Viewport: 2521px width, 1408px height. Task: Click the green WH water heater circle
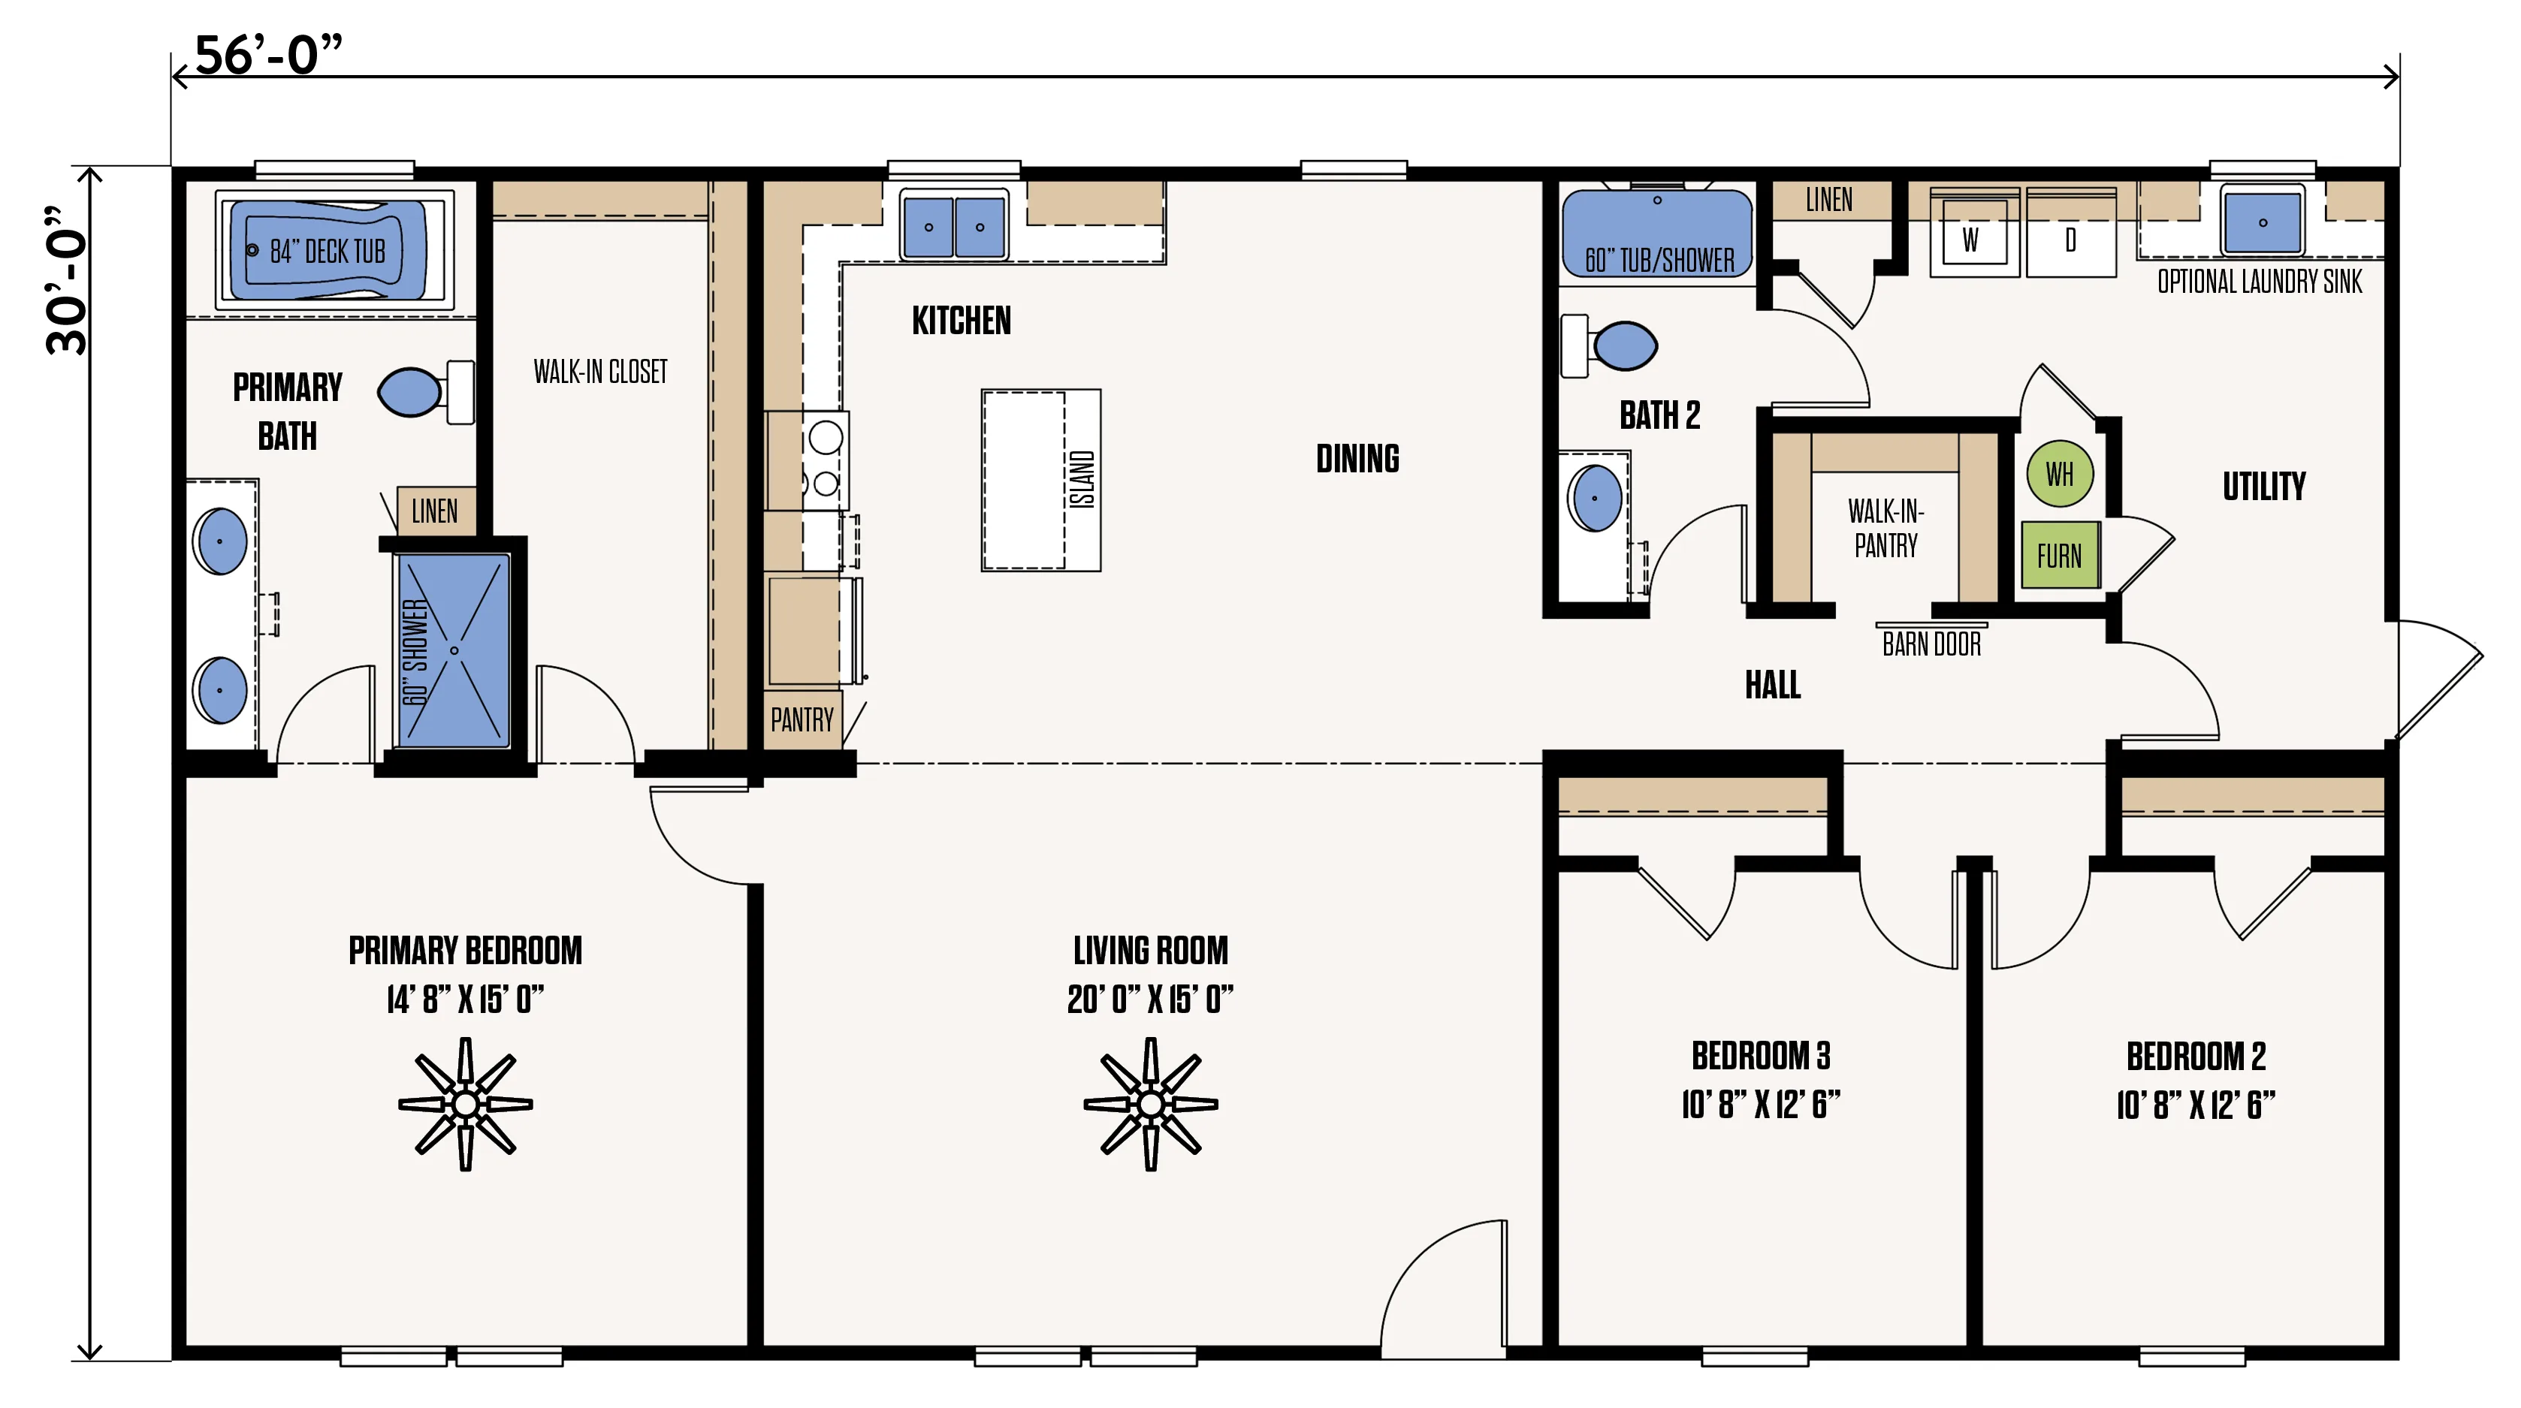tap(2060, 474)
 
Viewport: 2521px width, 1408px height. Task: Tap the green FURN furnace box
tap(2060, 556)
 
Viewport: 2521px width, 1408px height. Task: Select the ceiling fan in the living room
tap(1151, 1105)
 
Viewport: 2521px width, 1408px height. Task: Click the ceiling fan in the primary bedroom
tap(466, 1105)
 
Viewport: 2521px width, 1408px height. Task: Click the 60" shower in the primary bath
tap(454, 650)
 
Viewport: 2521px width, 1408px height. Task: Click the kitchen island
tap(1041, 481)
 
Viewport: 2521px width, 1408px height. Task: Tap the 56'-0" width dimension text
tap(269, 55)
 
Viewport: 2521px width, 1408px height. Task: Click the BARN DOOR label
tap(1932, 644)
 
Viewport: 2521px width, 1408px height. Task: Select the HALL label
tap(1772, 685)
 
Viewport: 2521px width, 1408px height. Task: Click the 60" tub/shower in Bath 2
tap(1658, 234)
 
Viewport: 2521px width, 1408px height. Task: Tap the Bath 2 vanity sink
tap(1596, 498)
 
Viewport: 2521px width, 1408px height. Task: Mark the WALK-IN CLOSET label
tap(600, 372)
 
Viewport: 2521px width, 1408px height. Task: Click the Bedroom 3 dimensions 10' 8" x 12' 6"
tap(1761, 1105)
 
